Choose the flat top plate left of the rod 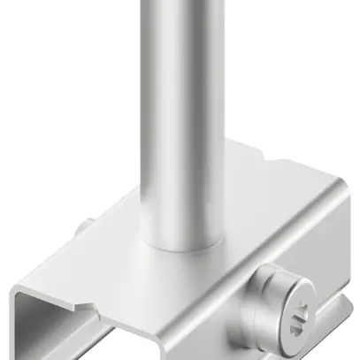click(x=106, y=252)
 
